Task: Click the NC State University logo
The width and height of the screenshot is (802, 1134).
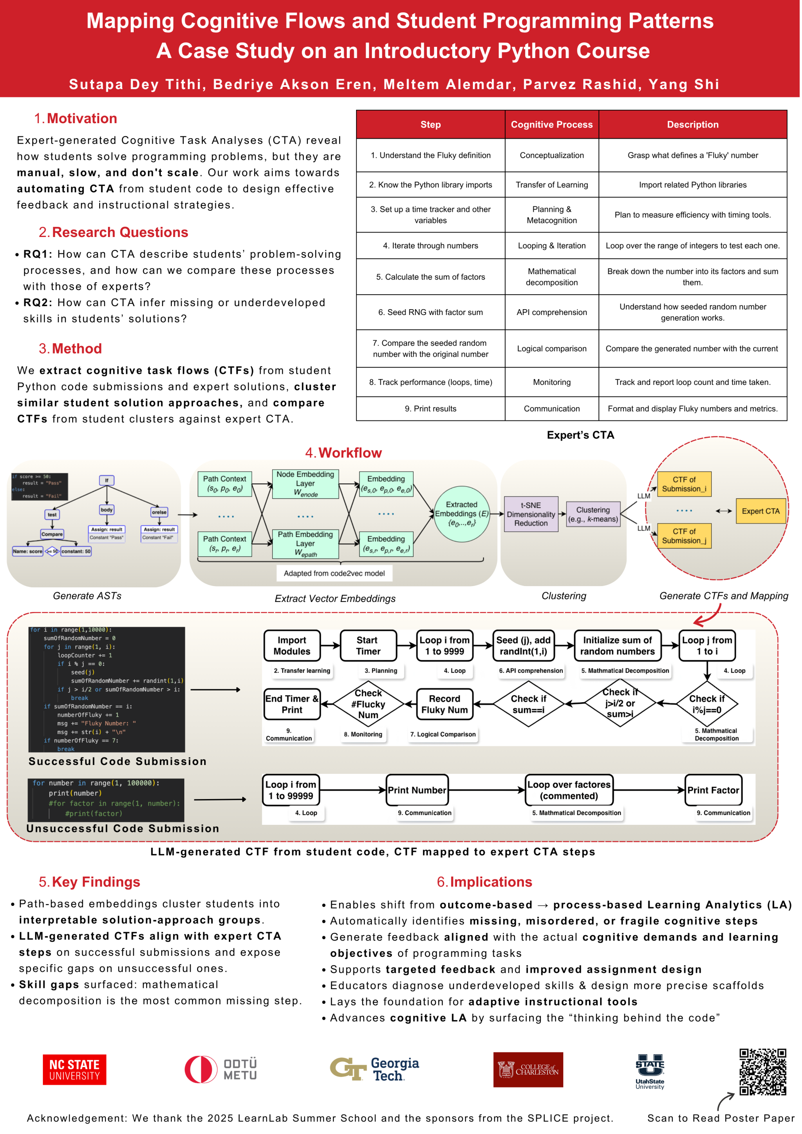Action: click(x=74, y=1069)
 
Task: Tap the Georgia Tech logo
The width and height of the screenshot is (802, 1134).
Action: click(x=374, y=1069)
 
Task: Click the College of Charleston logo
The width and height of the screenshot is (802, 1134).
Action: click(x=527, y=1069)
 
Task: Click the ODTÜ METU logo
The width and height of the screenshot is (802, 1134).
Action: click(x=221, y=1069)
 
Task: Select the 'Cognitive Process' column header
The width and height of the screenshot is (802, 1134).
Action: click(x=551, y=124)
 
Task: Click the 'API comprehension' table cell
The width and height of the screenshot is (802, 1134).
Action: click(x=551, y=312)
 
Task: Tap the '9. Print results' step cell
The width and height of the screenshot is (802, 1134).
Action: click(x=430, y=408)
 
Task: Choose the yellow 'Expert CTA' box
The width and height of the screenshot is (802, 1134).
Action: click(x=760, y=511)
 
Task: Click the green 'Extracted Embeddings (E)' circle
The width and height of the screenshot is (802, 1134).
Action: click(x=461, y=514)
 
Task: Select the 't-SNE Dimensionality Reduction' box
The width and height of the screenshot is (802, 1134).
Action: click(x=531, y=514)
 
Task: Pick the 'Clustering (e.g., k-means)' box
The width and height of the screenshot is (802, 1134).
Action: click(x=593, y=514)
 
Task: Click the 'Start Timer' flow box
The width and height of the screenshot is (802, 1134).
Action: click(x=368, y=645)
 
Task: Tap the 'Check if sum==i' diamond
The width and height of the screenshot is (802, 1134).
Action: click(x=528, y=704)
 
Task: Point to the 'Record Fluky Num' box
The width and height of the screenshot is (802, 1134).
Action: click(x=444, y=704)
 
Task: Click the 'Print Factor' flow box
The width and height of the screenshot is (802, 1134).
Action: click(x=713, y=790)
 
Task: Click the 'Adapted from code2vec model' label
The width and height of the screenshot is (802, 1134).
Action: click(x=334, y=573)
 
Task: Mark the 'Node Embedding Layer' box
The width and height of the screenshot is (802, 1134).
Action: click(x=305, y=484)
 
